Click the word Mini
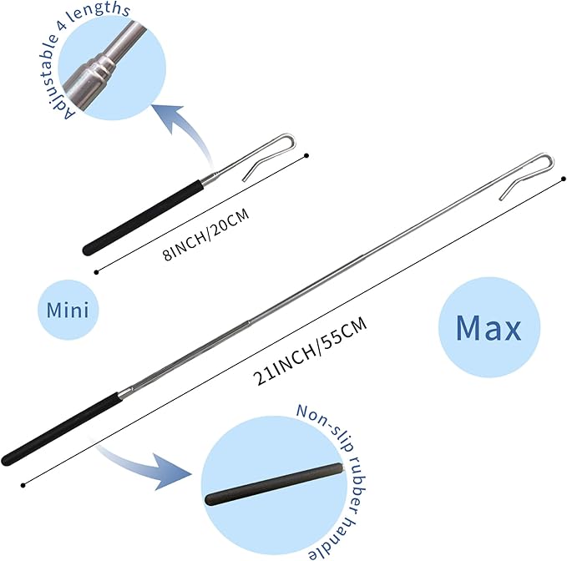click(68, 311)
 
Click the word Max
click(489, 328)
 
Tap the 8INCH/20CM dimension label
click(206, 234)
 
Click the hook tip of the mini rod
click(244, 179)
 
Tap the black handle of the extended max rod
click(60, 429)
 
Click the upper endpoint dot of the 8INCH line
click(306, 156)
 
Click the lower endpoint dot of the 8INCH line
click(96, 272)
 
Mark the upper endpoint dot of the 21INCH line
click(563, 179)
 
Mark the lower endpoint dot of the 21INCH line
click(23, 485)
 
